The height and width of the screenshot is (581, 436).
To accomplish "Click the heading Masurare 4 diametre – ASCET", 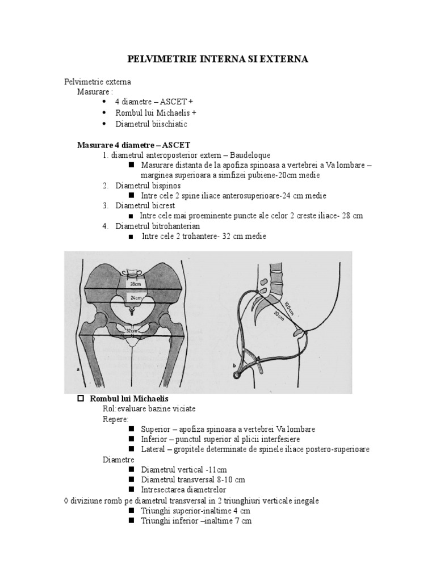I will point(133,145).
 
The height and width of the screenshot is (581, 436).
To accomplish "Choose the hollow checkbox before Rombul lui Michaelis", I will point(81,399).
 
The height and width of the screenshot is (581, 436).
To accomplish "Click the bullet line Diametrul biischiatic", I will point(151,124).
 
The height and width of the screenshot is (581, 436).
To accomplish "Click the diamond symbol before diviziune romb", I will point(67,500).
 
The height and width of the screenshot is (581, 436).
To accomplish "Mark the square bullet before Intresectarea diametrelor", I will point(131,489).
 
